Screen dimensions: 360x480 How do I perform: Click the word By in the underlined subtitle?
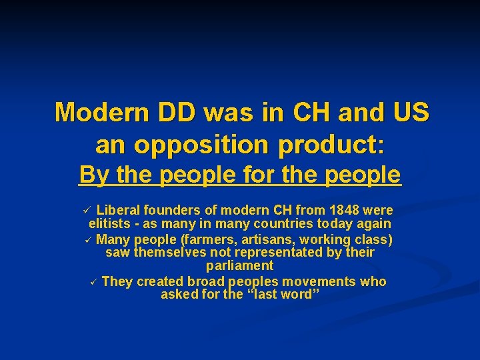coord(94,175)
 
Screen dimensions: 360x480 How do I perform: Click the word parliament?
coord(239,266)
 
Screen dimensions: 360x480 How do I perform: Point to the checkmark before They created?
coord(94,282)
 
